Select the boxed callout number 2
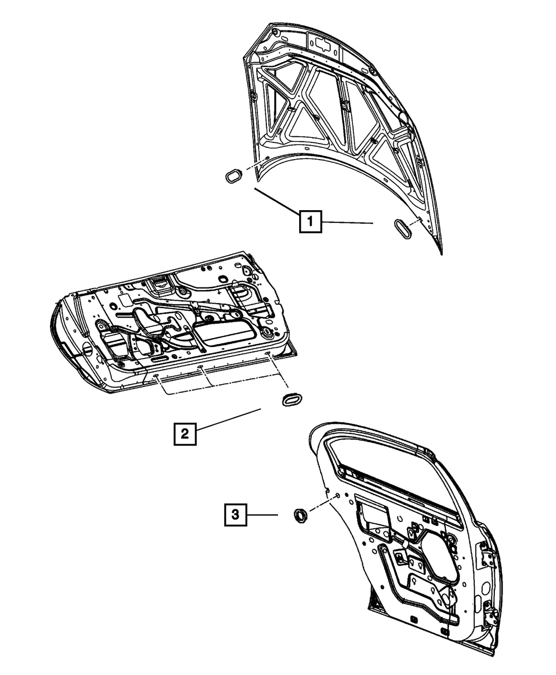(x=185, y=433)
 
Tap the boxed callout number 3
(x=236, y=515)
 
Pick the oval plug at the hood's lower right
(x=403, y=230)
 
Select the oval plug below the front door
(x=291, y=399)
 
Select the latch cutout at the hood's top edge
(x=322, y=44)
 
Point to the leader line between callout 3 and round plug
(x=263, y=515)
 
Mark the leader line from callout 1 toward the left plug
(x=276, y=200)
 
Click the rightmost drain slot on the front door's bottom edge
(x=268, y=354)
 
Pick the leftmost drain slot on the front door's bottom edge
(x=157, y=376)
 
